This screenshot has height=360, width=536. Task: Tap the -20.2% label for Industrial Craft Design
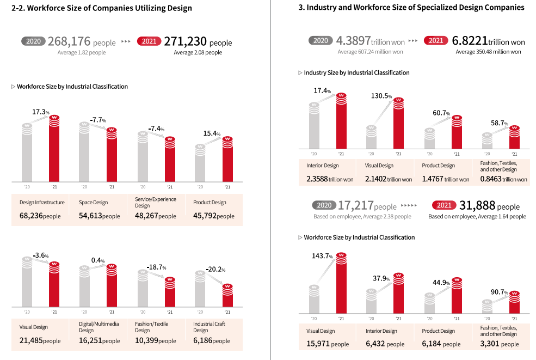pyautogui.click(x=215, y=269)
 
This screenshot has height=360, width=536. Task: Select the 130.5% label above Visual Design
pyautogui.click(x=382, y=96)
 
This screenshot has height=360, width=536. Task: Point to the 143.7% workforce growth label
pyautogui.click(x=323, y=256)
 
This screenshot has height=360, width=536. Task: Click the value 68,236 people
pyautogui.click(x=40, y=216)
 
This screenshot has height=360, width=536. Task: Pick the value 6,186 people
pyautogui.click(x=211, y=340)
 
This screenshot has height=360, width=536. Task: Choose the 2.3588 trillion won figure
pyautogui.click(x=330, y=179)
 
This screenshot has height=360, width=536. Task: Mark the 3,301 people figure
pyautogui.click(x=500, y=344)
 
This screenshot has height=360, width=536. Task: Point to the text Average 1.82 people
pyautogui.click(x=82, y=52)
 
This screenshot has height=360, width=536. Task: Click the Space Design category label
pyautogui.click(x=93, y=203)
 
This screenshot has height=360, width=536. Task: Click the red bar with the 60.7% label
pyautogui.click(x=456, y=133)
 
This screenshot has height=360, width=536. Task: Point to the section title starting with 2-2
pyautogui.click(x=102, y=8)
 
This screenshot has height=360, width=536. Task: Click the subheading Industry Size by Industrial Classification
pyautogui.click(x=356, y=72)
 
